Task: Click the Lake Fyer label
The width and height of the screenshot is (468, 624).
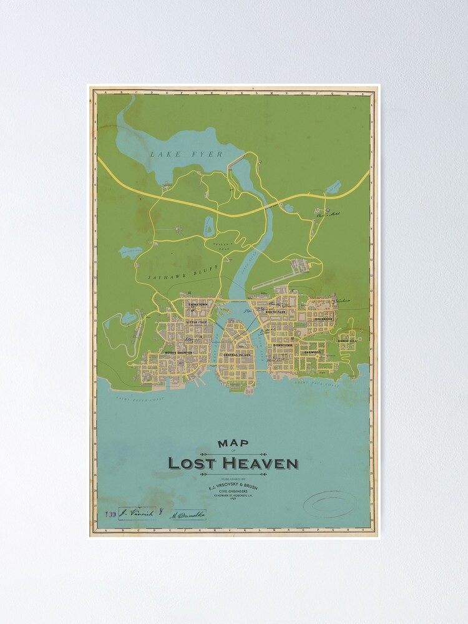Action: [x=177, y=154]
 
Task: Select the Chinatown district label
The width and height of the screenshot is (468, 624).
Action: [x=198, y=305]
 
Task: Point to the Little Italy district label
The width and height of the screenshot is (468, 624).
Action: [x=197, y=323]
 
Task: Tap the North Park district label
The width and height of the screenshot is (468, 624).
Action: [x=275, y=311]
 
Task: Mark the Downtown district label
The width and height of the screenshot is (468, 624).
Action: [x=283, y=344]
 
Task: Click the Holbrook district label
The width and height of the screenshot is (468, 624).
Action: [x=324, y=318]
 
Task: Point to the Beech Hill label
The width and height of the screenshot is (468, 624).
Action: [x=347, y=341]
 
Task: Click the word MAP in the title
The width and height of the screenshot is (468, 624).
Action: [x=233, y=444]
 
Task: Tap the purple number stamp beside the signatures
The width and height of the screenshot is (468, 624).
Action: [x=110, y=514]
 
